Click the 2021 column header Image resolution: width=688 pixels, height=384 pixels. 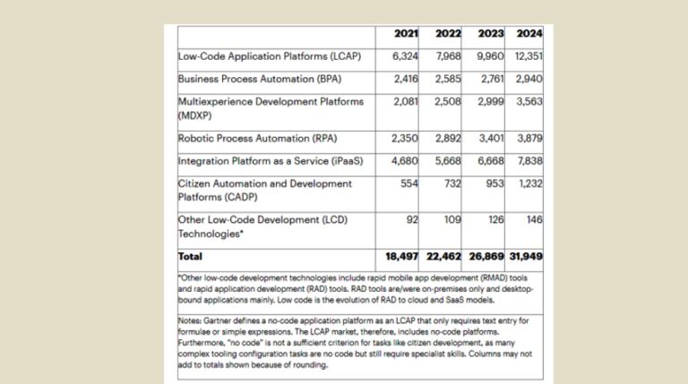407,35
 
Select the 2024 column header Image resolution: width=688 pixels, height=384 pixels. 529,35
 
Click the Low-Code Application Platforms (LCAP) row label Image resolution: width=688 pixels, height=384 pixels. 270,56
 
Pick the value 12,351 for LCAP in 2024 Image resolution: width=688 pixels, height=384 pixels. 528,56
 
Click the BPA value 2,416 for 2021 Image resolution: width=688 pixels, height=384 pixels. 407,79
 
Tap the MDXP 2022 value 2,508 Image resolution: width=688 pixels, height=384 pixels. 447,101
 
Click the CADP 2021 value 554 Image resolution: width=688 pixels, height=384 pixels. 411,183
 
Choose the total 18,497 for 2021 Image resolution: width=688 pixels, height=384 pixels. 403,256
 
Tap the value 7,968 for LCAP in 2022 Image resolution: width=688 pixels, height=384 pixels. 447,56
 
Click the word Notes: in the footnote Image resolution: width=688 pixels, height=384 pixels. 191,320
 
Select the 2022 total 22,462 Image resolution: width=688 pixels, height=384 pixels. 443,256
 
